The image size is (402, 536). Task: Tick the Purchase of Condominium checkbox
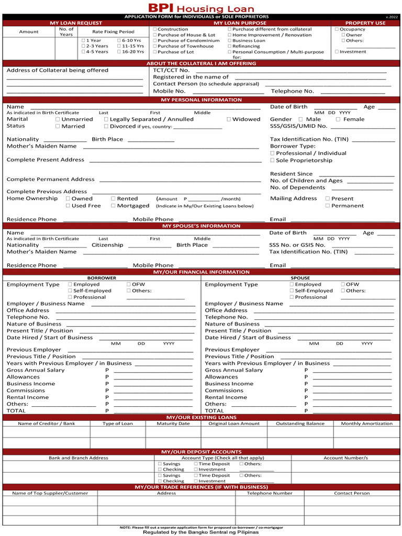coord(155,41)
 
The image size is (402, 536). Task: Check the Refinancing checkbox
coord(230,46)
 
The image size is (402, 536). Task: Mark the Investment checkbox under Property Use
coord(337,52)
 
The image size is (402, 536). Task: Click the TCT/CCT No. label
coord(171,70)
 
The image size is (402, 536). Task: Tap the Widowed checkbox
coord(229,119)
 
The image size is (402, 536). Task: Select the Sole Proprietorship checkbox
coord(272,161)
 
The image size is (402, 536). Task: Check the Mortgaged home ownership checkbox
coord(113,206)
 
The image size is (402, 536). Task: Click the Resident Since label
coord(291,174)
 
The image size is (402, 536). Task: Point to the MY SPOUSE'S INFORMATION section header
coord(201,226)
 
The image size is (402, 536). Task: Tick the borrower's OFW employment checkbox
coord(129,285)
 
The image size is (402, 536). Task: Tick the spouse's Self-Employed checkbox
coord(292,291)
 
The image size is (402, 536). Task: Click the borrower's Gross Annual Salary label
coord(36,370)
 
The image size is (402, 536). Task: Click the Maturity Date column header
coord(173,423)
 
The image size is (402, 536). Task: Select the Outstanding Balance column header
coord(300,423)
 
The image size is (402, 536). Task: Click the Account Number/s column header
coord(345,458)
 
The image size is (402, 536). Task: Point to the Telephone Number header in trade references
coord(270,493)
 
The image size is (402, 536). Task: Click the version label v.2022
coord(392,17)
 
